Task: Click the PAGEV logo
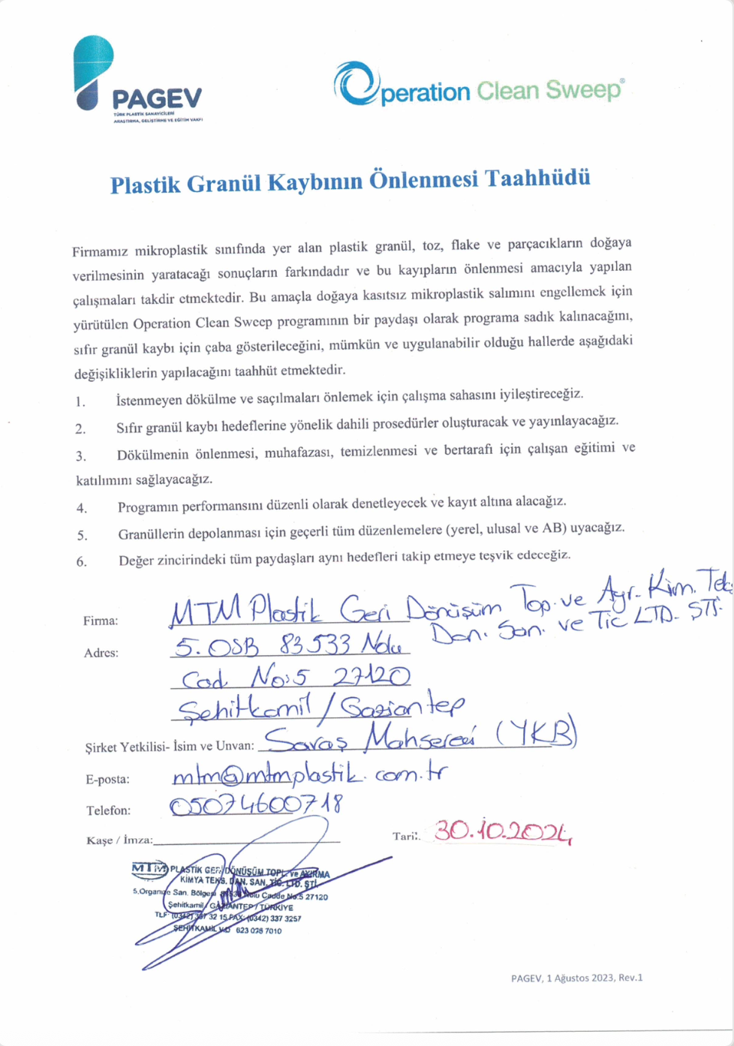coord(138,79)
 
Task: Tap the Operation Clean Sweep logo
coord(479,85)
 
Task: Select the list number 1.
coord(80,401)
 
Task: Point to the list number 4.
coord(81,508)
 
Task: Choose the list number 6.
coord(81,561)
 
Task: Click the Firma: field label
coord(101,621)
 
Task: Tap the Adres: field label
coord(101,653)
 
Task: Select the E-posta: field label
coord(107,779)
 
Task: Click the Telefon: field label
coord(108,810)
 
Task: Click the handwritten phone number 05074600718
coord(256,805)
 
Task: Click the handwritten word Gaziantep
coord(398,706)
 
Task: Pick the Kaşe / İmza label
coord(119,840)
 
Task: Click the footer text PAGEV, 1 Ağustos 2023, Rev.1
coord(576,978)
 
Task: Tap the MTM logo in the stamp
coord(149,869)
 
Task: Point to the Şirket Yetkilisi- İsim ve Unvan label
coord(170,747)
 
